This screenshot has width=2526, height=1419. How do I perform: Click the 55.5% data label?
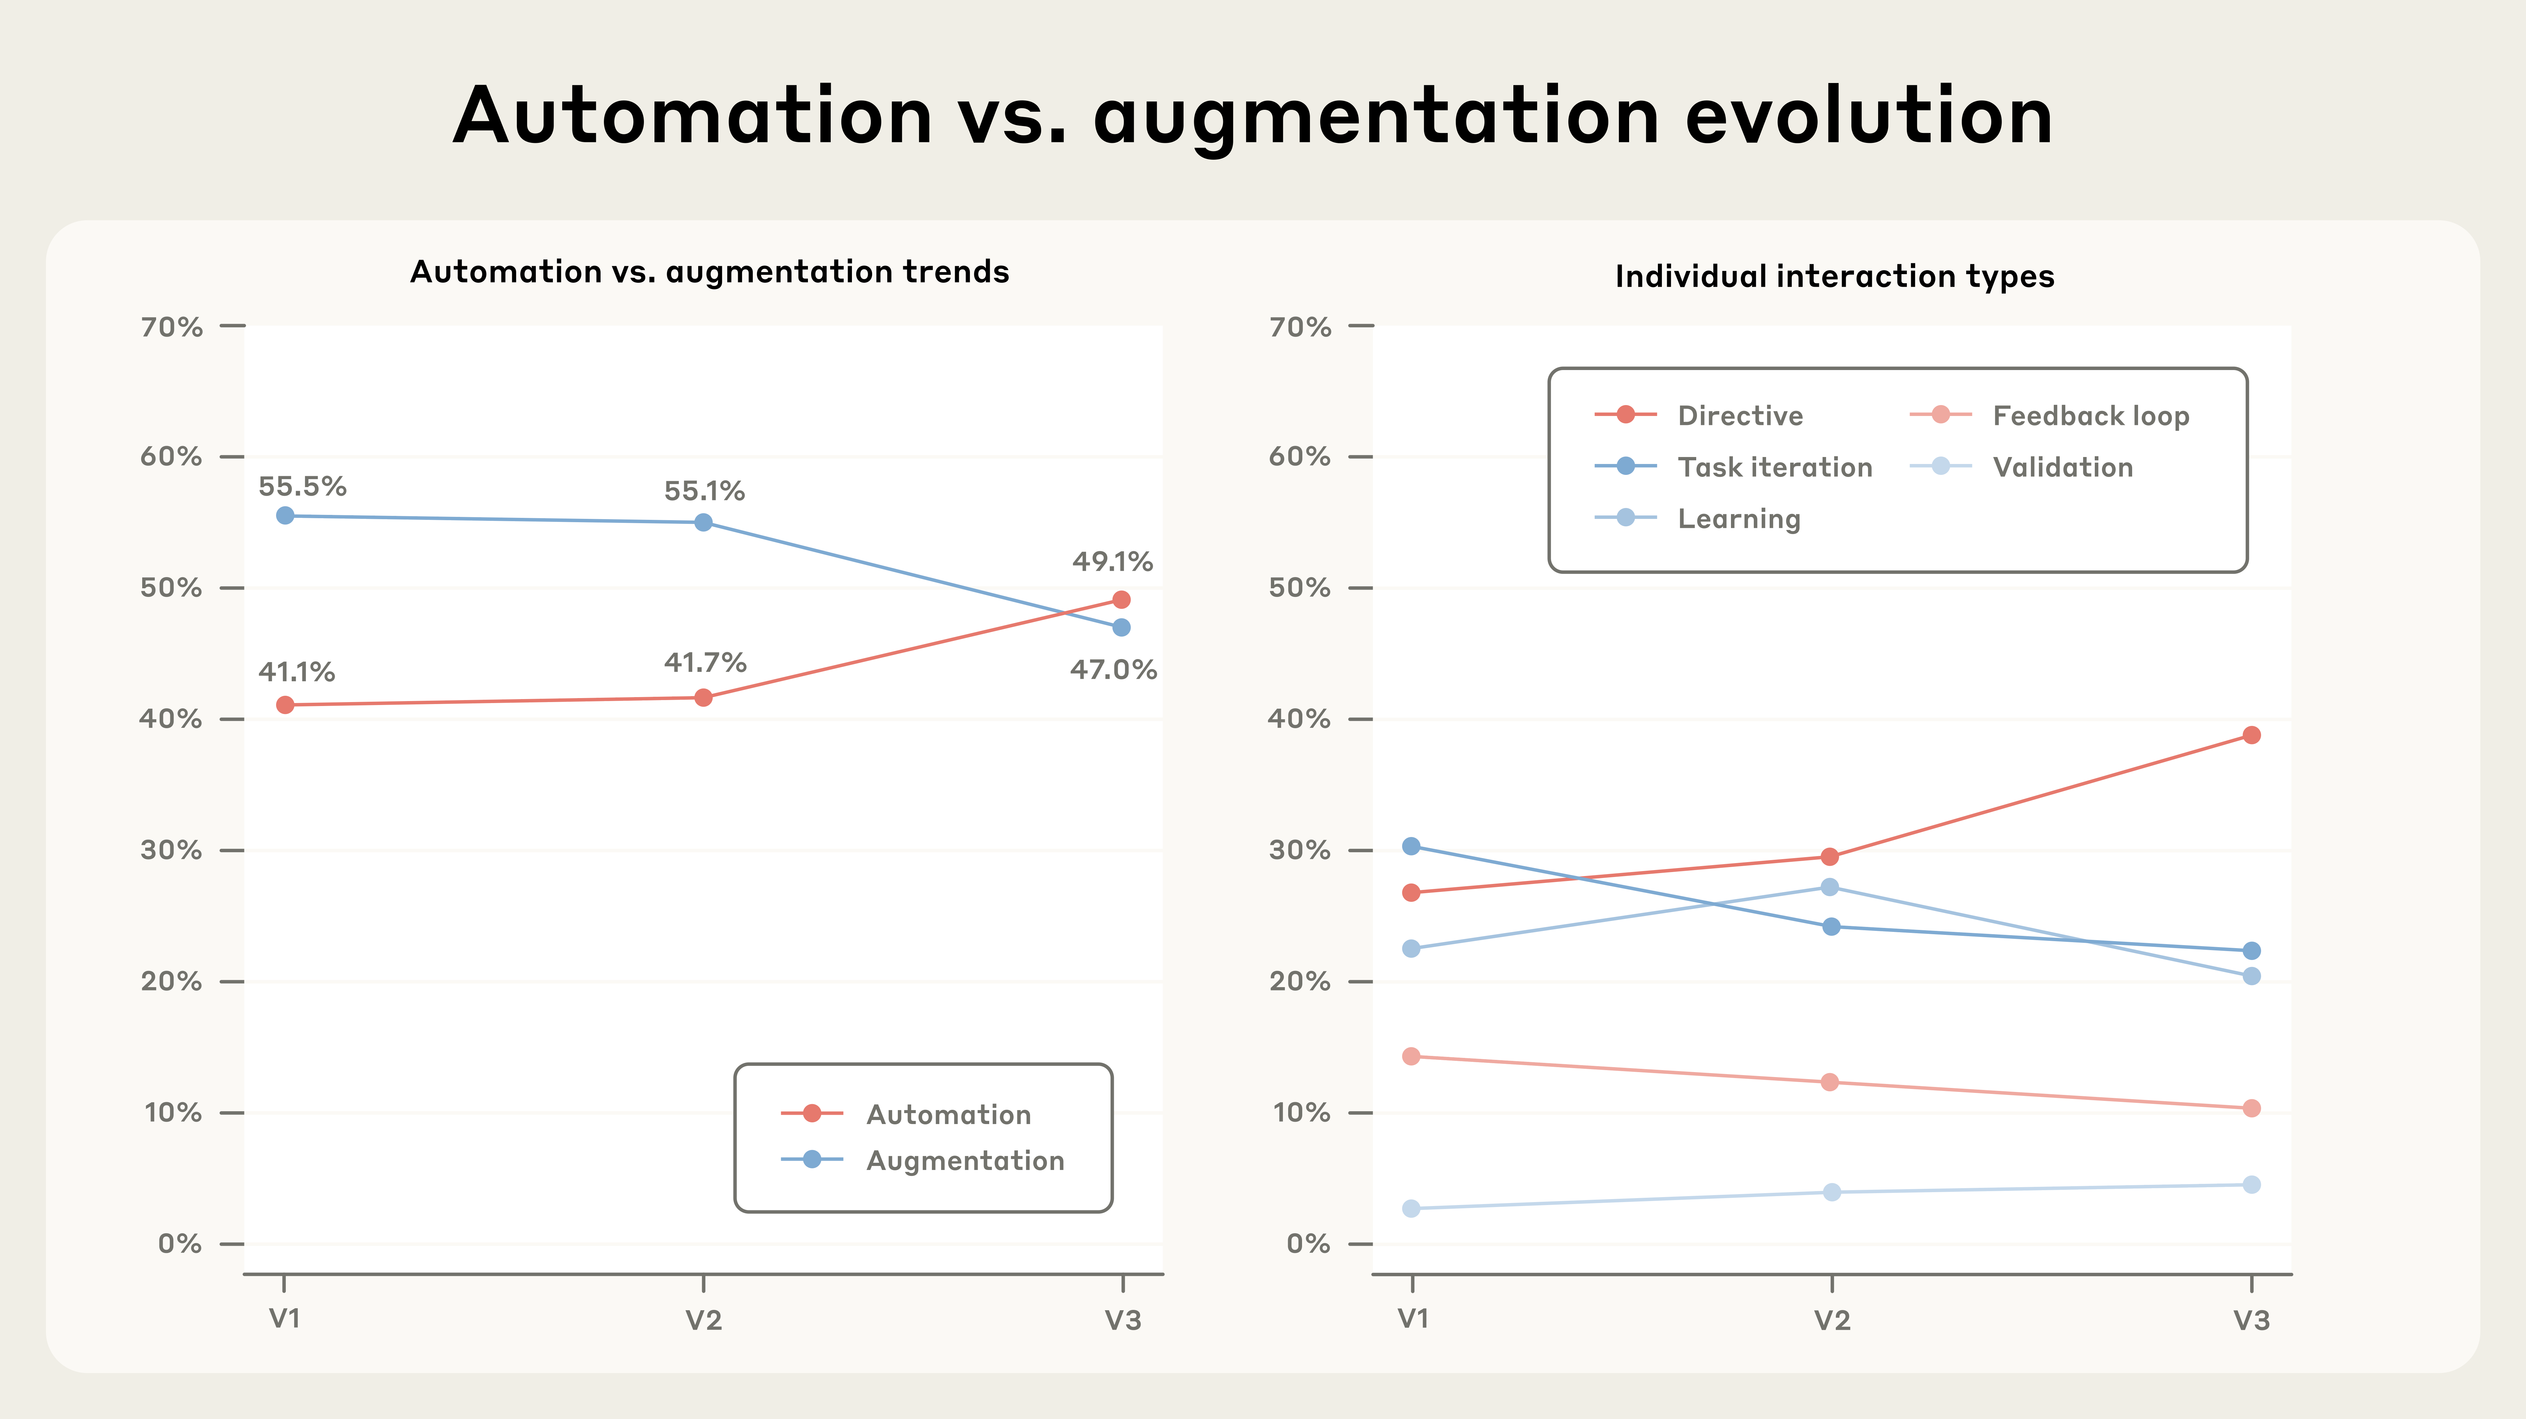click(302, 486)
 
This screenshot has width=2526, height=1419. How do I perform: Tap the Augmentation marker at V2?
click(703, 523)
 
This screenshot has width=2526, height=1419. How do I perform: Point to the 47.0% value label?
click(1113, 670)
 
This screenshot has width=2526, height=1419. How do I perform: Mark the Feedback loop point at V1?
click(1411, 1056)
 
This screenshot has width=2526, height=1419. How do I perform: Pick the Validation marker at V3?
click(2252, 1185)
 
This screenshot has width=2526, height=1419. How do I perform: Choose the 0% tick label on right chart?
click(1308, 1243)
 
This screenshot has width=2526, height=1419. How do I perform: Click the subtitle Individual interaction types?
click(1834, 276)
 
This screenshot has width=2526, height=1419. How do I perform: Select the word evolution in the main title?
click(1868, 116)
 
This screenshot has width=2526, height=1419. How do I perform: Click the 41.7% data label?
click(705, 663)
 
